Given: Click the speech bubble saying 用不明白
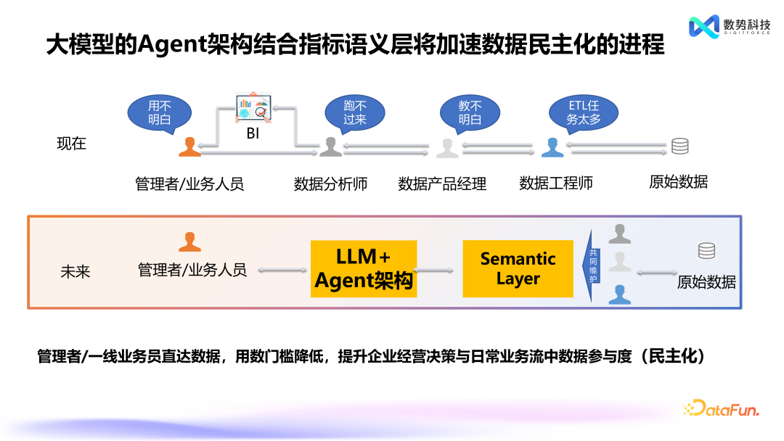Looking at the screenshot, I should [x=159, y=112].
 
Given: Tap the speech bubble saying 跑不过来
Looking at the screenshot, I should [x=355, y=112].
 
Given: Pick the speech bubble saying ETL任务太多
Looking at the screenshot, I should [x=584, y=112].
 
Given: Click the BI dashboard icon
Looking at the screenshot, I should [x=252, y=109].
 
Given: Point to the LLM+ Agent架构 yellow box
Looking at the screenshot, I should [x=364, y=268].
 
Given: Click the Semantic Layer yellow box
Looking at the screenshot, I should [x=518, y=268].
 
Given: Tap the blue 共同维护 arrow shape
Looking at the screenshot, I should [x=593, y=266].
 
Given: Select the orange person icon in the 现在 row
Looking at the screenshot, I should [x=189, y=147].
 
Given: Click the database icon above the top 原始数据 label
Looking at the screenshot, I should [x=679, y=146].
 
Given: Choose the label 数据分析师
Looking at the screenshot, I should [x=330, y=184].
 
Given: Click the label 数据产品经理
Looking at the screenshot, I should [x=442, y=184].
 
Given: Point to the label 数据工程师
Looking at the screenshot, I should [x=556, y=184].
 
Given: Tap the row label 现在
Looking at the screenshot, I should [x=71, y=144].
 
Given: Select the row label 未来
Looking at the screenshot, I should [x=75, y=273].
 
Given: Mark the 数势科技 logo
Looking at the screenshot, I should [x=729, y=26].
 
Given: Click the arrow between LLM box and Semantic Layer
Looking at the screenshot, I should [x=439, y=270].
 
